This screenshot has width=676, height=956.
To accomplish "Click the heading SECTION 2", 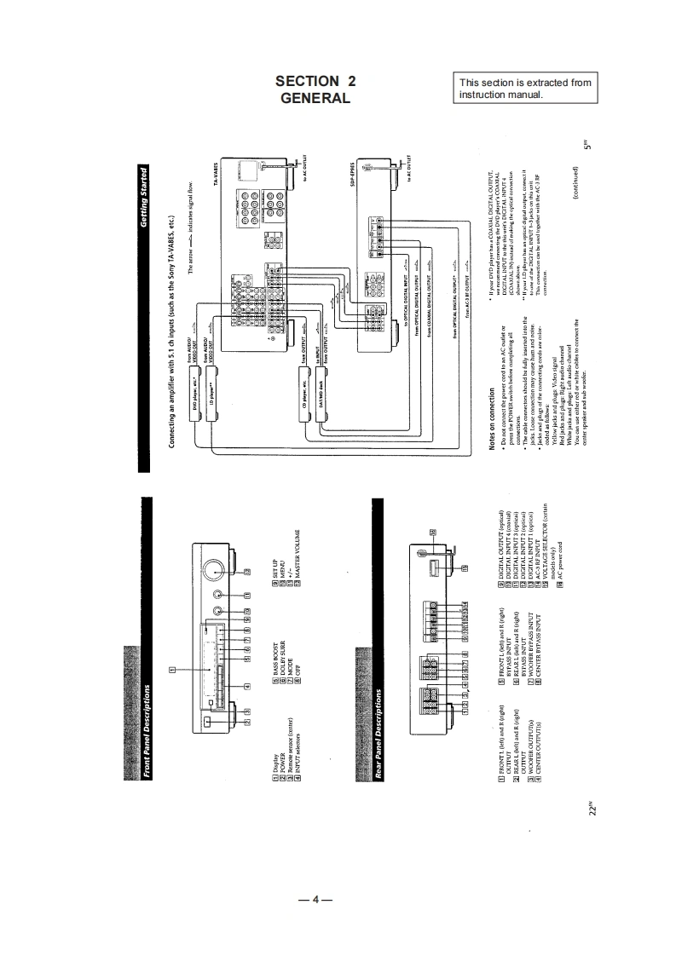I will coord(315,82).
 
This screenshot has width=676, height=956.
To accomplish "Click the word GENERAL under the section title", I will coord(315,98).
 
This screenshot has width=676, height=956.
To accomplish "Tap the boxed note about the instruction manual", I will coord(525,88).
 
